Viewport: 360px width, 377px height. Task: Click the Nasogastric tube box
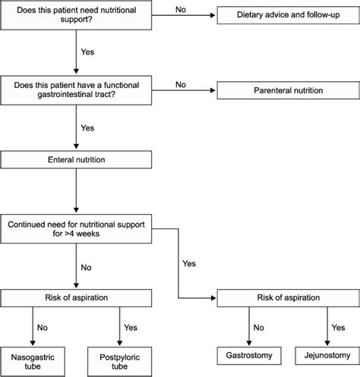pyautogui.click(x=33, y=359)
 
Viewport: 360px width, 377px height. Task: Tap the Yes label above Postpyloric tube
pyautogui.click(x=131, y=328)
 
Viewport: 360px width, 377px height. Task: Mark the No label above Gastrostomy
pyautogui.click(x=259, y=328)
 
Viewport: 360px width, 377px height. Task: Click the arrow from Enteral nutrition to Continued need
pyautogui.click(x=74, y=193)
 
